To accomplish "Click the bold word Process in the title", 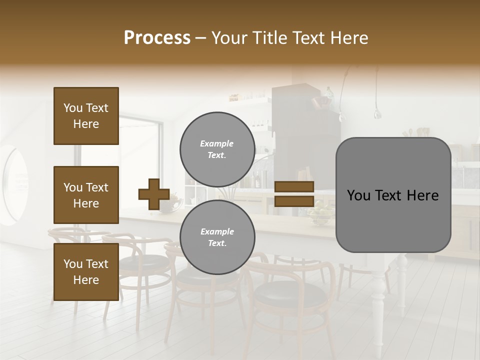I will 157,38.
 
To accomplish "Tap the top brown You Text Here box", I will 86,116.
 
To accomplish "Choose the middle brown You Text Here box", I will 86,195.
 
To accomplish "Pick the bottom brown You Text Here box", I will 86,271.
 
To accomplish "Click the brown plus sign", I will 153,194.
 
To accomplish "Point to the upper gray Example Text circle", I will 217,149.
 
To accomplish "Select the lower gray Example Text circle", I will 217,237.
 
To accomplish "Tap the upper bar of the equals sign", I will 294,186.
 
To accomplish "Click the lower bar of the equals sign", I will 294,201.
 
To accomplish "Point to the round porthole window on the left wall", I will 15,185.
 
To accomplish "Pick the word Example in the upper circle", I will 216,144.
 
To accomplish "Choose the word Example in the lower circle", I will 217,232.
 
